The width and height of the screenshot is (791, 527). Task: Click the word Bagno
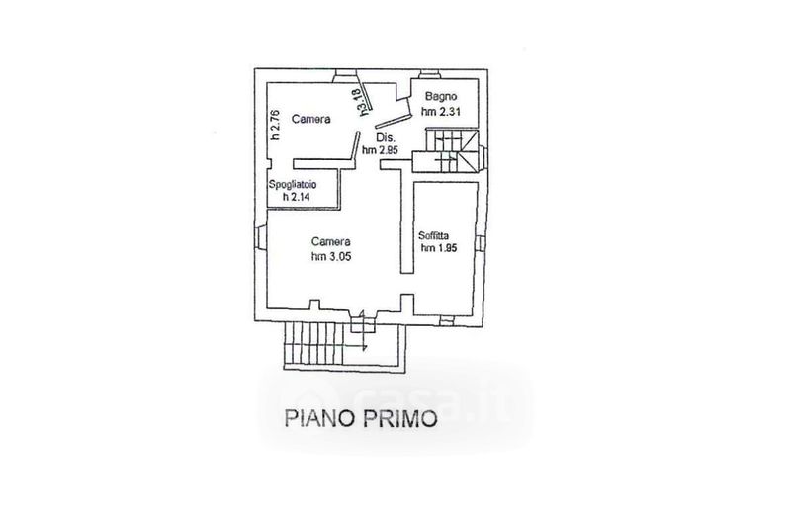[x=440, y=97]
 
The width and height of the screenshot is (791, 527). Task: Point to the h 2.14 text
[x=296, y=197]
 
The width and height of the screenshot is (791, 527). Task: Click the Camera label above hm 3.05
[x=330, y=240]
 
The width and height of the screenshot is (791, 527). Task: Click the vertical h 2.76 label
[x=278, y=126]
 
